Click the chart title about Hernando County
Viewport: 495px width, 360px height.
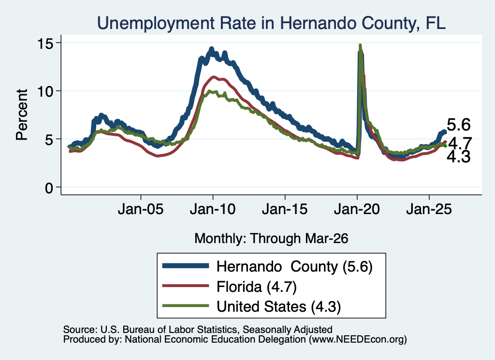[271, 23]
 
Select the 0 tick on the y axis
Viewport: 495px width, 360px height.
[49, 188]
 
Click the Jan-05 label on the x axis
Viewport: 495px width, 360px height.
[141, 209]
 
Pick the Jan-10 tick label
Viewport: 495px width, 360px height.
[213, 209]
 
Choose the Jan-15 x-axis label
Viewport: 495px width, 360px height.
[285, 209]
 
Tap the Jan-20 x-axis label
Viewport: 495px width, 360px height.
[357, 209]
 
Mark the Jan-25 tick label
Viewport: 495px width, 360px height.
[429, 209]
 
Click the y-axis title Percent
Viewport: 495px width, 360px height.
[22, 115]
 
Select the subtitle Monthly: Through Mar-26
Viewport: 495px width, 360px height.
[271, 238]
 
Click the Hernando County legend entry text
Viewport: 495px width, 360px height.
[294, 267]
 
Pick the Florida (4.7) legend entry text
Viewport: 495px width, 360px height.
[257, 287]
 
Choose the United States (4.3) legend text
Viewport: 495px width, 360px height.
[279, 306]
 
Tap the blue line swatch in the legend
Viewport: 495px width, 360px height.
[186, 266]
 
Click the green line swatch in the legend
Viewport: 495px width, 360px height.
[186, 305]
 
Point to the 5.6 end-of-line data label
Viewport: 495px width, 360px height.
[459, 125]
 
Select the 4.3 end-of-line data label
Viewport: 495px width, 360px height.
[459, 157]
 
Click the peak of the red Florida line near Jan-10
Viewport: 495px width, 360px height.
[214, 77]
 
